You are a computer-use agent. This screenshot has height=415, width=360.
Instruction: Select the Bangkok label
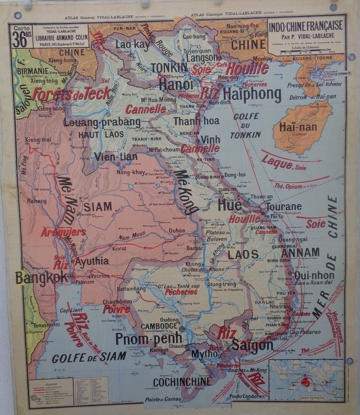[42, 277]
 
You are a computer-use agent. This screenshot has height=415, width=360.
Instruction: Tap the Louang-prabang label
[102, 122]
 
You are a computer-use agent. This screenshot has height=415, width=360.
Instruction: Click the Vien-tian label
[116, 157]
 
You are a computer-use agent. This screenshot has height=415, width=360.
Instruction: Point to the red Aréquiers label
[63, 232]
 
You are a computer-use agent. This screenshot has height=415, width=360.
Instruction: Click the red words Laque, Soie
[285, 160]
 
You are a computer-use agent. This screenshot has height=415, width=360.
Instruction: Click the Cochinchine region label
[182, 381]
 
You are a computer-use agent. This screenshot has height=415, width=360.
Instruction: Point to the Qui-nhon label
[314, 275]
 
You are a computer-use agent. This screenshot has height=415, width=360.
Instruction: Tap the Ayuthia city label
[91, 261]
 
